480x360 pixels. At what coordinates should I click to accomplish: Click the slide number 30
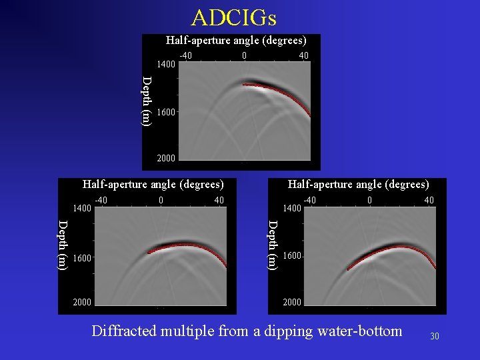(435, 336)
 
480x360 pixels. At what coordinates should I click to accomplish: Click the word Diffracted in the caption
(123, 331)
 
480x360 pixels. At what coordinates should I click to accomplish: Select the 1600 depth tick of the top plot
(166, 113)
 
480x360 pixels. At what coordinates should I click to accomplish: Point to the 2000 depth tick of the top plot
(166, 159)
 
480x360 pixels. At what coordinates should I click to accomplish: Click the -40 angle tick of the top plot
(186, 56)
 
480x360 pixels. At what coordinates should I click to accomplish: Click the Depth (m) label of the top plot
(147, 101)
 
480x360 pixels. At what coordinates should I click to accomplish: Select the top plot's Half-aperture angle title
(236, 41)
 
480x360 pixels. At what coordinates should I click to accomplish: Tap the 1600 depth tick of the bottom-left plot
(82, 257)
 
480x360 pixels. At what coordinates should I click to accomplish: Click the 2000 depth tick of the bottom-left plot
(82, 302)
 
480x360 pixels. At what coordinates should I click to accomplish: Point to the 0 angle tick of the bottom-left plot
(161, 200)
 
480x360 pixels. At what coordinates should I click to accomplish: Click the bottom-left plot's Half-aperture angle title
(153, 184)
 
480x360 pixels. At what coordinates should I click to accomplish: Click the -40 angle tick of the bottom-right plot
(310, 200)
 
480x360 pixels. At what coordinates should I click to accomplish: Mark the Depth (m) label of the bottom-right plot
(273, 245)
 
